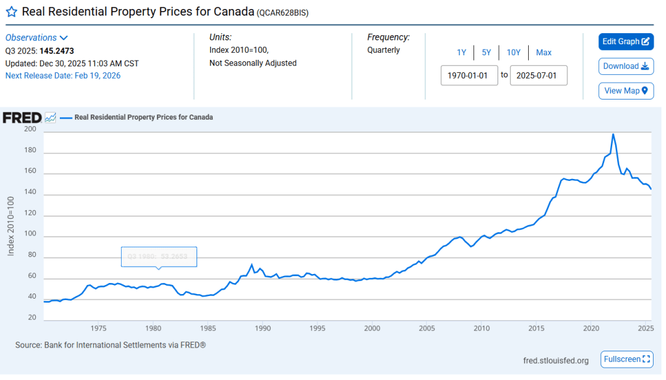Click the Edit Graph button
(626, 42)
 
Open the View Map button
(626, 90)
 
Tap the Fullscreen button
(626, 359)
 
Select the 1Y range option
(461, 53)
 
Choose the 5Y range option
(486, 53)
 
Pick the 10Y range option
(513, 53)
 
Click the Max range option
(544, 53)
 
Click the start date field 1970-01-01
(470, 75)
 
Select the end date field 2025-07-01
(539, 75)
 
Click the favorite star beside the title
(11, 12)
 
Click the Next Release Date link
(63, 75)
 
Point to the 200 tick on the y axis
(30, 129)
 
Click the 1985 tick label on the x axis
(208, 328)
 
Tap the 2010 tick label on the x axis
(482, 328)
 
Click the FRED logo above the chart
(22, 118)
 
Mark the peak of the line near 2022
(613, 134)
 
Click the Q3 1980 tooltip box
(159, 257)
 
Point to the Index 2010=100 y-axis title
(11, 225)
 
